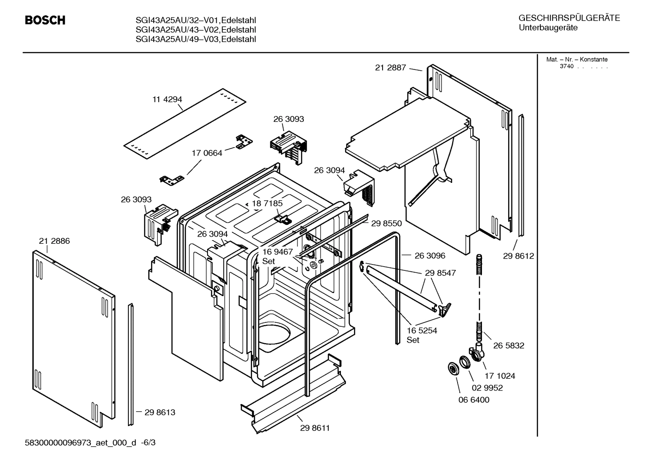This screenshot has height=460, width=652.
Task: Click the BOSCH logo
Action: click(x=45, y=20)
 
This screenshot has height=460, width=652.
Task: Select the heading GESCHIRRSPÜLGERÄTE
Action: click(x=569, y=19)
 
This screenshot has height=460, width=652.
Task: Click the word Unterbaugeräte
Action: click(x=548, y=28)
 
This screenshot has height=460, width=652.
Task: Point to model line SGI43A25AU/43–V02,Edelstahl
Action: click(x=195, y=29)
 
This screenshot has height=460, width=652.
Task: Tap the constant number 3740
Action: click(x=566, y=66)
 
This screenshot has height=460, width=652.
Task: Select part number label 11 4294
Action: click(x=167, y=99)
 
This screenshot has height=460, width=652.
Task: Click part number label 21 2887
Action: click(x=390, y=68)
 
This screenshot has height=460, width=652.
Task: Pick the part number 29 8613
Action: click(x=160, y=412)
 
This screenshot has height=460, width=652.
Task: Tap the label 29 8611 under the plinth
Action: click(x=315, y=428)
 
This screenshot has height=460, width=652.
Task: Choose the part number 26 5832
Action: click(x=509, y=345)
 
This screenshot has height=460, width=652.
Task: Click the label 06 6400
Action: click(x=473, y=400)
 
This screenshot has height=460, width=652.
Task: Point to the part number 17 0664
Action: click(x=207, y=153)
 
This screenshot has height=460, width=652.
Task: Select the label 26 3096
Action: click(x=430, y=256)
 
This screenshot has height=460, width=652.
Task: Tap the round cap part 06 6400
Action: click(x=452, y=368)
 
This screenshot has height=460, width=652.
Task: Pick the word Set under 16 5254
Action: click(x=413, y=340)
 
